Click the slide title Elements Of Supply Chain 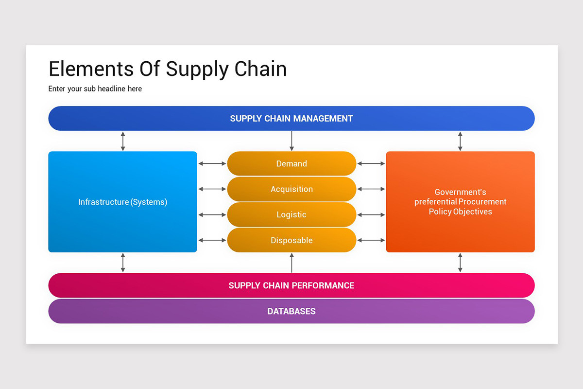pos(168,69)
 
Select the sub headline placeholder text pos(95,88)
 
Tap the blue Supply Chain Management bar pos(291,118)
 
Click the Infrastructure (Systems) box pos(122,202)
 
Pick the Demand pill pos(291,164)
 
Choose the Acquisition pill pos(291,189)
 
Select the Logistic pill pos(291,214)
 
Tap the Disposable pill pos(291,240)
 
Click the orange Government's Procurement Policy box pos(460,202)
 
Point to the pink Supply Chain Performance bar pos(291,285)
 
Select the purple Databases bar pos(291,311)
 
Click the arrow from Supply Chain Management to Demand pos(291,141)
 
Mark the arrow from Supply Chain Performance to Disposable pos(291,263)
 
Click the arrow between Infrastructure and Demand pos(212,164)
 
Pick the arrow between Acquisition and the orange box pos(371,189)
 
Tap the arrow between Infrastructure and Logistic pos(212,214)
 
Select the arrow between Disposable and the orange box pos(371,240)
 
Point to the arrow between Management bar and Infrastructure pos(123,141)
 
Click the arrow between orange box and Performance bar pos(460,263)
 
